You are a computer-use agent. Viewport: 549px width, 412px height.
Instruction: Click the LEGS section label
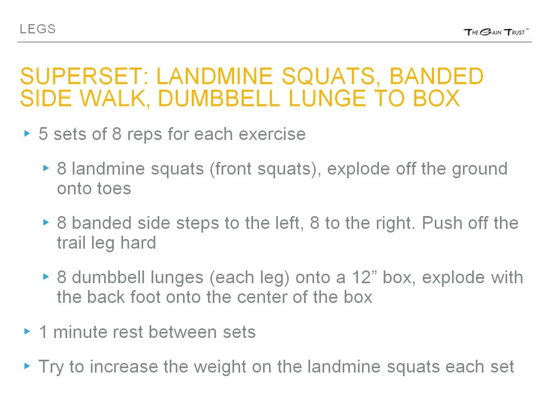tap(37, 29)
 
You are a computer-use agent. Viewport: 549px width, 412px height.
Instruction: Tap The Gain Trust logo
tap(496, 32)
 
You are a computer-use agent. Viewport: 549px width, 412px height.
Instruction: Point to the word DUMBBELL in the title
tap(219, 98)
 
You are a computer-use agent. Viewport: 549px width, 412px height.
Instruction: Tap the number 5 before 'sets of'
tap(43, 134)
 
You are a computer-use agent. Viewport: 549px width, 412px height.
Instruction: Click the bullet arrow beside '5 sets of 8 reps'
tap(27, 134)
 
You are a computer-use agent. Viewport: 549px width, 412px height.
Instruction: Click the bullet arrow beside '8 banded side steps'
tap(46, 222)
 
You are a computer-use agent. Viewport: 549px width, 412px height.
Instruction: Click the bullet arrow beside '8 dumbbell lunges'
tap(46, 276)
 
